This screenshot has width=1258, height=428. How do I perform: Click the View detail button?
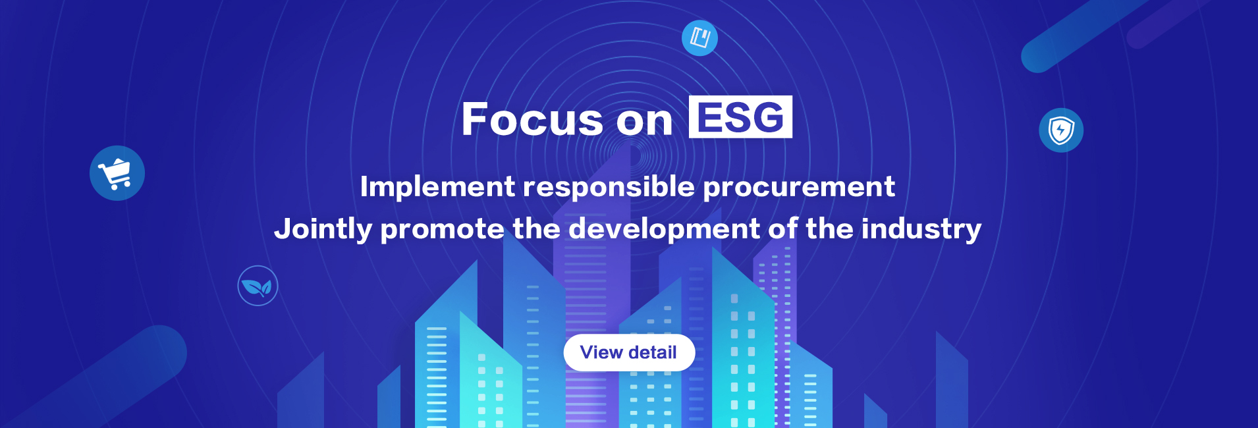click(629, 353)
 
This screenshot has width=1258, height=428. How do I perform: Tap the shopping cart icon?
click(117, 173)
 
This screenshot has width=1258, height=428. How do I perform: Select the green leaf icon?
click(258, 286)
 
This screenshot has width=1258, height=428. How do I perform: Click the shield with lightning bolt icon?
click(1061, 130)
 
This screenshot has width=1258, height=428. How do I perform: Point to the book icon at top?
click(699, 38)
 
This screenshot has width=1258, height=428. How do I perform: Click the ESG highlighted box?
click(740, 118)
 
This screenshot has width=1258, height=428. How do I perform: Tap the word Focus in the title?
click(532, 120)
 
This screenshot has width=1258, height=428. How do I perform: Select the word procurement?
click(799, 187)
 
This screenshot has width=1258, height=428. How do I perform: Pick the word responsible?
click(609, 187)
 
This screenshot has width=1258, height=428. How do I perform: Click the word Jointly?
click(323, 229)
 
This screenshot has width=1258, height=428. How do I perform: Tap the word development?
click(664, 229)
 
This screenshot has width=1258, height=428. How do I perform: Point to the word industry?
click(921, 229)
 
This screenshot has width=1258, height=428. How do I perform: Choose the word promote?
click(442, 229)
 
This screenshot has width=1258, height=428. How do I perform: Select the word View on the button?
click(601, 353)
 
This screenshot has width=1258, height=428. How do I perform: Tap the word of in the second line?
click(783, 229)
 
